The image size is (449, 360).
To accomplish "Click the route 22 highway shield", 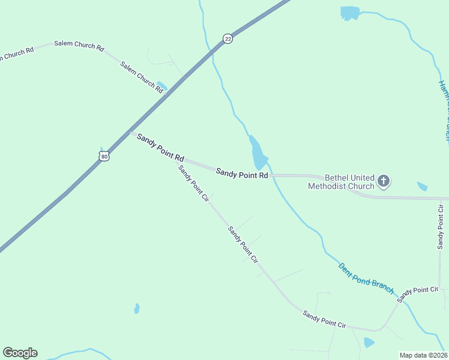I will tap(228, 38).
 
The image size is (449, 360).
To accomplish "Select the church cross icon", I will tap(384, 181).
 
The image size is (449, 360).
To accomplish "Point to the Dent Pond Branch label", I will tap(366, 278).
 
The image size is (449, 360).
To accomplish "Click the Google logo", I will tap(20, 353).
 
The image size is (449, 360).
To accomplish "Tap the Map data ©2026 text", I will tap(423, 355).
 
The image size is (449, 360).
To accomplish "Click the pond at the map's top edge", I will tap(349, 13).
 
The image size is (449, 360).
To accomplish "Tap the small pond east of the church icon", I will tap(422, 187).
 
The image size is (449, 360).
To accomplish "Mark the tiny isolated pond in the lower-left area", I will tap(137, 308).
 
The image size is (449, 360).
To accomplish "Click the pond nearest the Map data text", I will tap(369, 343).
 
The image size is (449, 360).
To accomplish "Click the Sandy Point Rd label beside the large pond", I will tap(242, 174).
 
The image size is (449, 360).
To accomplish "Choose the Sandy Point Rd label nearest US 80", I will tap(160, 146).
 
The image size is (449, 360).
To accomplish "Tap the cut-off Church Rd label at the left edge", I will tap(16, 54).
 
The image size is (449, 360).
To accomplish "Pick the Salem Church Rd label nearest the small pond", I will tap(142, 76).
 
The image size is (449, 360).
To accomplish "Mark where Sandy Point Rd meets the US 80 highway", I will tap(131, 133).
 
